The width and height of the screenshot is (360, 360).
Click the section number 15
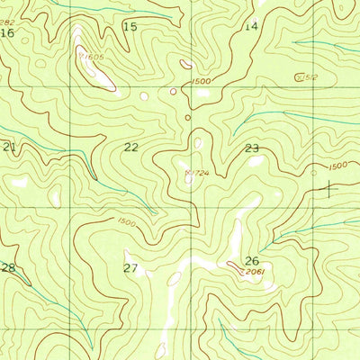coord(130,27)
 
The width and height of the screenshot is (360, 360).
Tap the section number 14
coord(251,26)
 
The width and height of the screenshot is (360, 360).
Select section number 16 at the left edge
coord(7,33)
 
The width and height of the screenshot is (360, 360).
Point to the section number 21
coord(10,147)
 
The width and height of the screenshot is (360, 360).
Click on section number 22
coord(131,147)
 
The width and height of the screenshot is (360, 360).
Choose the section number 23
coord(252,148)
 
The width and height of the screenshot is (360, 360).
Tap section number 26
coord(252,261)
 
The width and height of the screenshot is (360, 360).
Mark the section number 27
coord(130,268)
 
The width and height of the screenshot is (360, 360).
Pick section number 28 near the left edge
coord(8,268)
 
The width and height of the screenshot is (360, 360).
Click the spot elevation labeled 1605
coord(92,56)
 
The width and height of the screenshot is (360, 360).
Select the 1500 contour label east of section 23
coord(337,165)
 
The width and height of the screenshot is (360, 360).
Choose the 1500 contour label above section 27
coord(127,221)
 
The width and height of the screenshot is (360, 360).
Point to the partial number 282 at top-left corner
coord(7,22)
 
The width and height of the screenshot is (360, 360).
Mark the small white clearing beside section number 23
coord(257,162)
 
